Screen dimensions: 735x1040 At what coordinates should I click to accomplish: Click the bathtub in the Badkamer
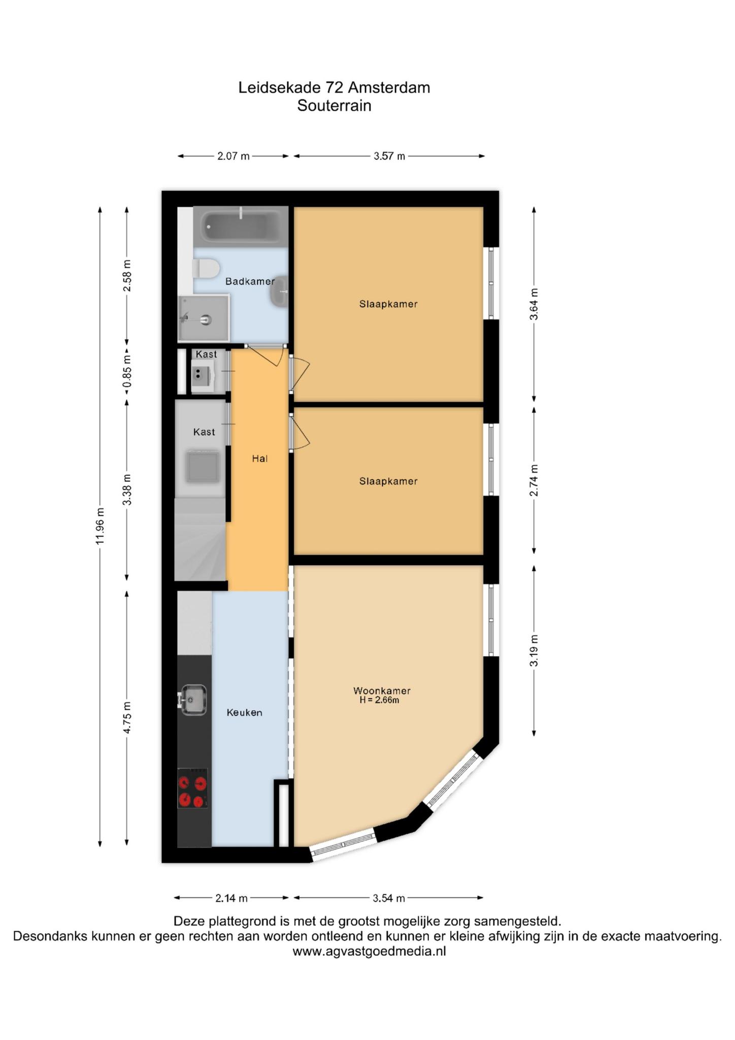(241, 226)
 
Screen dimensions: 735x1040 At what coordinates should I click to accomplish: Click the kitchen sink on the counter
(192, 700)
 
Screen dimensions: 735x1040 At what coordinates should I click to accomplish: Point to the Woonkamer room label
(382, 691)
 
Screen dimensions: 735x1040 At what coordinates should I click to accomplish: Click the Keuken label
(244, 712)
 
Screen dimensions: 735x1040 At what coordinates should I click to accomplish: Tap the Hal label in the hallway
(259, 459)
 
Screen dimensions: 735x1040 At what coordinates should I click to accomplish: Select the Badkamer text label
(250, 281)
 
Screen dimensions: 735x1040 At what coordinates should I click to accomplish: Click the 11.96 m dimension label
(100, 526)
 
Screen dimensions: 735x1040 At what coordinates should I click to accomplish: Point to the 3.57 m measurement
(389, 156)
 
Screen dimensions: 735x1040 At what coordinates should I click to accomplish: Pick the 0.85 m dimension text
(127, 371)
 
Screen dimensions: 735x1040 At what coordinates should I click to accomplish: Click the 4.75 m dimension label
(127, 718)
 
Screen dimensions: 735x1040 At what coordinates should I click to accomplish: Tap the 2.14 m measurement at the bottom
(231, 898)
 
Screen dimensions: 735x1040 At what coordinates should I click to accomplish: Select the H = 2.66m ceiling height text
(379, 700)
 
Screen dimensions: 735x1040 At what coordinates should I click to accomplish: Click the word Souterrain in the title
(335, 106)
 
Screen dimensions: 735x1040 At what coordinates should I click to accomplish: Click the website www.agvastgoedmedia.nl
(369, 952)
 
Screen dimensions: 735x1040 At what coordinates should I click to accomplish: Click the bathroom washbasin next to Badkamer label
(280, 291)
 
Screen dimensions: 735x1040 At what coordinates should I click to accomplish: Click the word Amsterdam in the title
(389, 88)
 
